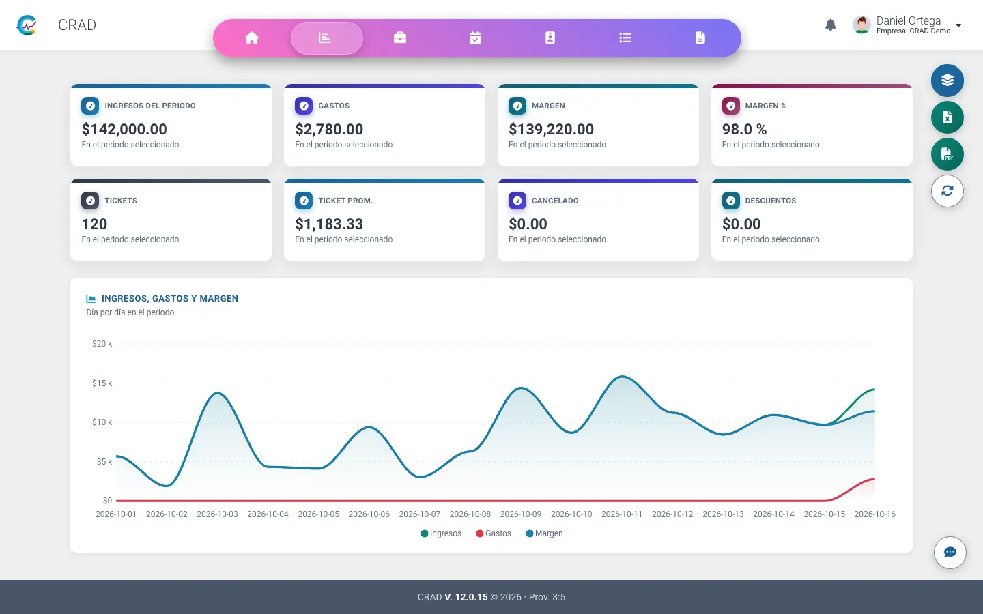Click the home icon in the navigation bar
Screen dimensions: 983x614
coord(252,38)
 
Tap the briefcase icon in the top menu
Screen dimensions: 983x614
coord(400,38)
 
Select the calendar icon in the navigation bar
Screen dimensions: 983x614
coord(475,38)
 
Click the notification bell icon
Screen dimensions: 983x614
coord(830,25)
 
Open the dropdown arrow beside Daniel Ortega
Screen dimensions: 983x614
coord(958,25)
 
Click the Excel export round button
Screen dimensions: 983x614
coord(948,117)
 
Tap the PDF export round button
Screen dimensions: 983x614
coord(948,154)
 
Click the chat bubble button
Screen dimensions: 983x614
coord(950,552)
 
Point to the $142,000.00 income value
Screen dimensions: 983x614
coord(124,129)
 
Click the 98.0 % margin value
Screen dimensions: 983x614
coord(744,129)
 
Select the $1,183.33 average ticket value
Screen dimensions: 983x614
coord(329,224)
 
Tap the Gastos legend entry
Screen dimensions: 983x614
coord(494,533)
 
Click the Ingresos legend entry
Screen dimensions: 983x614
coord(441,533)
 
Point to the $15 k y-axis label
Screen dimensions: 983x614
coord(102,383)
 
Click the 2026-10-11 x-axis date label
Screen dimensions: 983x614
coord(622,514)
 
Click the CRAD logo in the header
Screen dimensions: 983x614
coord(27,25)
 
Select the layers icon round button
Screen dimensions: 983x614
coord(948,81)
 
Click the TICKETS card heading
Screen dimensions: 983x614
coord(121,201)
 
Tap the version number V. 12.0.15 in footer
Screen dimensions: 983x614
coord(466,597)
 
